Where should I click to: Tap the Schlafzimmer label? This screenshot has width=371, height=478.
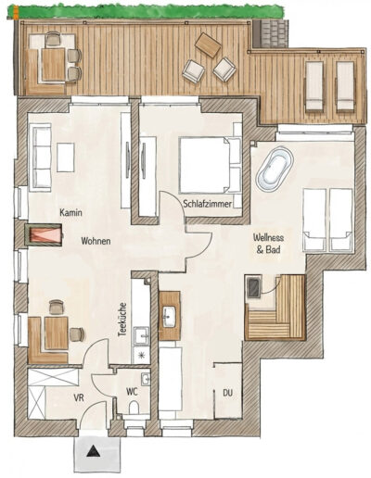pyautogui.click(x=207, y=204)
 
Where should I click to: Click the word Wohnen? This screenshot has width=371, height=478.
pyautogui.click(x=96, y=241)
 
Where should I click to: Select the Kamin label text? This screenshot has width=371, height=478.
pyautogui.click(x=70, y=212)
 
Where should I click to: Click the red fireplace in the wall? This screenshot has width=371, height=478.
pyautogui.click(x=44, y=234)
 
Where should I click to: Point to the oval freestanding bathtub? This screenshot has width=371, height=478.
pyautogui.click(x=275, y=170)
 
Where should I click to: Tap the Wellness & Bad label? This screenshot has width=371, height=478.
pyautogui.click(x=268, y=244)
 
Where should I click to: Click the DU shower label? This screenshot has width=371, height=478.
pyautogui.click(x=228, y=393)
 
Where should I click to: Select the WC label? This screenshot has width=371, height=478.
pyautogui.click(x=132, y=392)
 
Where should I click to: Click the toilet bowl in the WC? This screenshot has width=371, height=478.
pyautogui.click(x=134, y=409)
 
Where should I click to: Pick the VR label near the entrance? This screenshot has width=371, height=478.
pyautogui.click(x=79, y=397)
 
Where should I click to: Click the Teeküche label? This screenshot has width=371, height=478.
pyautogui.click(x=122, y=320)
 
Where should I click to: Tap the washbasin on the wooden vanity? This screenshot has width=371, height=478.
pyautogui.click(x=169, y=316)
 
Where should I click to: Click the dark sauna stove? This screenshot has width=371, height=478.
pyautogui.click(x=254, y=287)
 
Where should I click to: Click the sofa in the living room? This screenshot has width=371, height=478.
pyautogui.click(x=40, y=157)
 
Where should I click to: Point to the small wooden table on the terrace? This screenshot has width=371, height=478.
pyautogui.click(x=208, y=45)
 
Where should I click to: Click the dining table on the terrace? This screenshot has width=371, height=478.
pyautogui.click(x=54, y=64)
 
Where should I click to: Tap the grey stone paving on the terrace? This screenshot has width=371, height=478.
pyautogui.click(x=271, y=33)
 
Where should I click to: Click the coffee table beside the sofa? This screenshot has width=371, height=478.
pyautogui.click(x=66, y=157)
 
